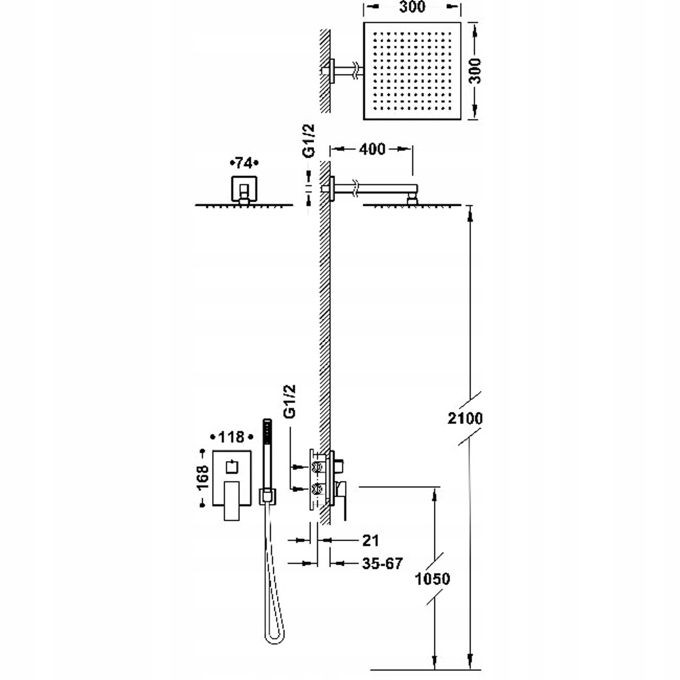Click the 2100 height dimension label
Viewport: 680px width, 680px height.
[x=465, y=418]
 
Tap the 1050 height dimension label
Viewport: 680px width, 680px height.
[x=432, y=578]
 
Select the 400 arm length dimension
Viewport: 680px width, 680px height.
[x=372, y=149]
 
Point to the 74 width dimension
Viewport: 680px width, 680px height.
[x=244, y=163]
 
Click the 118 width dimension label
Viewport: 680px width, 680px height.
[x=231, y=437]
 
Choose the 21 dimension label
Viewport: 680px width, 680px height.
[x=370, y=540]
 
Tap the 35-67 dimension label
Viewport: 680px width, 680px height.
[x=382, y=563]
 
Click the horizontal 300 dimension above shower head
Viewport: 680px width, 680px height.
[x=413, y=7]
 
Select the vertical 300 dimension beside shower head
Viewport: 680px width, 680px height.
[x=475, y=71]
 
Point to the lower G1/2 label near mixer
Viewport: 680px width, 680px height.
[x=289, y=401]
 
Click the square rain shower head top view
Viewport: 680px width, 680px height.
[x=412, y=71]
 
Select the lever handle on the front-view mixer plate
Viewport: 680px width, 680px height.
[x=232, y=500]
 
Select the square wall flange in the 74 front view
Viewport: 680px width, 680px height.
[x=244, y=189]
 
